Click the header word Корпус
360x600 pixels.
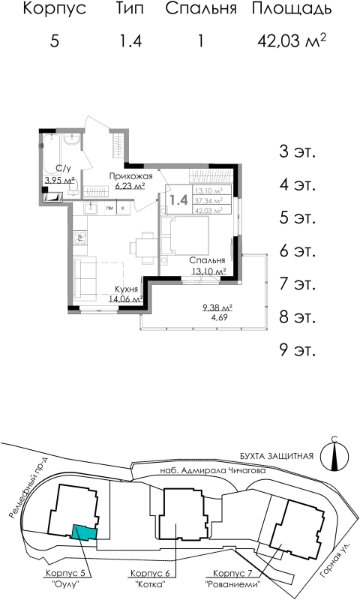coord(54,10)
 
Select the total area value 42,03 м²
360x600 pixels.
coord(292,40)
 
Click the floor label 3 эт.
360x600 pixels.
coord(297,151)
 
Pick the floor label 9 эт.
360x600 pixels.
coord(297,349)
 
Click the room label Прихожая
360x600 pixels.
coord(126,176)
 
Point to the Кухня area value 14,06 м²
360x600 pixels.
coord(125,298)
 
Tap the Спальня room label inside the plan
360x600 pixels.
coord(208,260)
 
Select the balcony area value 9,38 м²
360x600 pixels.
coord(217,307)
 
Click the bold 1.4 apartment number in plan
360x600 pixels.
coord(178,200)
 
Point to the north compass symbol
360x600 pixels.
coord(332,454)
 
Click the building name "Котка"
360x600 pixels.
coord(149,582)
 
